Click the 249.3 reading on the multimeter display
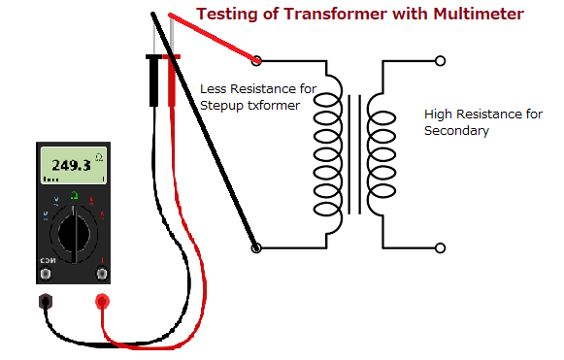click(70, 166)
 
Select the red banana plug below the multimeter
click(101, 301)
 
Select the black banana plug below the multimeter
click(45, 301)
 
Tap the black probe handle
click(153, 78)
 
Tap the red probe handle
click(173, 78)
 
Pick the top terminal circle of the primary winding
click(257, 60)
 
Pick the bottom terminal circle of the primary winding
click(257, 247)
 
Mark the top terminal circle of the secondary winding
click(441, 60)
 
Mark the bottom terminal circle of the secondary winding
click(441, 247)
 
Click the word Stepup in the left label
click(221, 103)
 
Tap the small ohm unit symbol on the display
click(98, 155)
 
